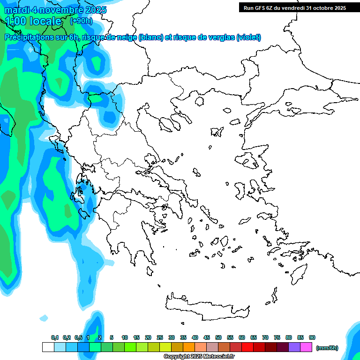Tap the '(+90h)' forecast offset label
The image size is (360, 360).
(x=81, y=21)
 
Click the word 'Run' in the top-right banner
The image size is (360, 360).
(x=249, y=7)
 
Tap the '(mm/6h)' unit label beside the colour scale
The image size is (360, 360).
(x=327, y=348)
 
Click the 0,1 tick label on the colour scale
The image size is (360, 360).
(x=54, y=337)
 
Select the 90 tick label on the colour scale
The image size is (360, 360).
(x=312, y=337)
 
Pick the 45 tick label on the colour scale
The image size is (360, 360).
(x=207, y=337)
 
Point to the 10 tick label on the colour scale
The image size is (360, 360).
(x=125, y=337)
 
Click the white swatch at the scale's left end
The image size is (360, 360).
(x=48, y=347)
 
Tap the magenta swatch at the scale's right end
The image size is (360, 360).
(x=306, y=347)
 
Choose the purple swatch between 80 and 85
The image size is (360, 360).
(x=294, y=347)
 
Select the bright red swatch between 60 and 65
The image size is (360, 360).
(x=247, y=347)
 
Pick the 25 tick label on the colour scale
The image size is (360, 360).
(x=160, y=337)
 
